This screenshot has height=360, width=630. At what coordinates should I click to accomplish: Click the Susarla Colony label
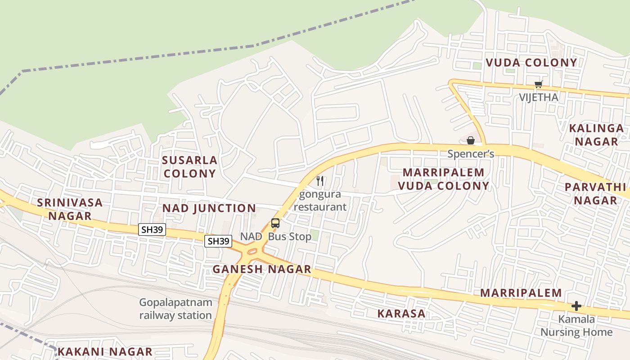point(189,166)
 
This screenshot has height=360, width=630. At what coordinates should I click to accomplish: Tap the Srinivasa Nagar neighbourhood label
point(70,209)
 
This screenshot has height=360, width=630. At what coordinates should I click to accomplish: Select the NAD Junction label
point(209,208)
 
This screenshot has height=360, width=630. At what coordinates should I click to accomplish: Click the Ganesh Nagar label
point(262,269)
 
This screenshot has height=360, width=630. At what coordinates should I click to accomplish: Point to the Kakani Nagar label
point(105,351)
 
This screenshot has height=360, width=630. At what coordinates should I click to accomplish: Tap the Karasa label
point(401,313)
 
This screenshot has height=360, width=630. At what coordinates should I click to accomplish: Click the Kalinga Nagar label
point(597,135)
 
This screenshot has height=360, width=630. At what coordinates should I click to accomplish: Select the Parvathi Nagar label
point(595,193)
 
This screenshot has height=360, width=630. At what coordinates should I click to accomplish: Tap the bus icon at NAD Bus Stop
point(275,223)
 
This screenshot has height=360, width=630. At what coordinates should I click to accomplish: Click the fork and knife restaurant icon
point(320,181)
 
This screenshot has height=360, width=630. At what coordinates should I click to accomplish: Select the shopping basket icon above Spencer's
point(471,140)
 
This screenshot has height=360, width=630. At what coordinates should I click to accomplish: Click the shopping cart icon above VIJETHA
point(538,84)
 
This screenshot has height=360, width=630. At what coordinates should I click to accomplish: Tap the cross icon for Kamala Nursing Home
point(576,306)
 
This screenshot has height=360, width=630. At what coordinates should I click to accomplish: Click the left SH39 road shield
point(152,229)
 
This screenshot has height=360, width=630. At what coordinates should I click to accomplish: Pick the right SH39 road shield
point(219,241)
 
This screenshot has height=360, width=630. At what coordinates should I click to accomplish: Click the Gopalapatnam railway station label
point(175,308)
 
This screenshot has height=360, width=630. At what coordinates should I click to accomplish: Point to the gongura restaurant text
point(320,200)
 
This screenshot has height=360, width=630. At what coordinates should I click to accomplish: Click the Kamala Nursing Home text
point(576,326)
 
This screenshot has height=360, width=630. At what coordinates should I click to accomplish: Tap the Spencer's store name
point(471,154)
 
